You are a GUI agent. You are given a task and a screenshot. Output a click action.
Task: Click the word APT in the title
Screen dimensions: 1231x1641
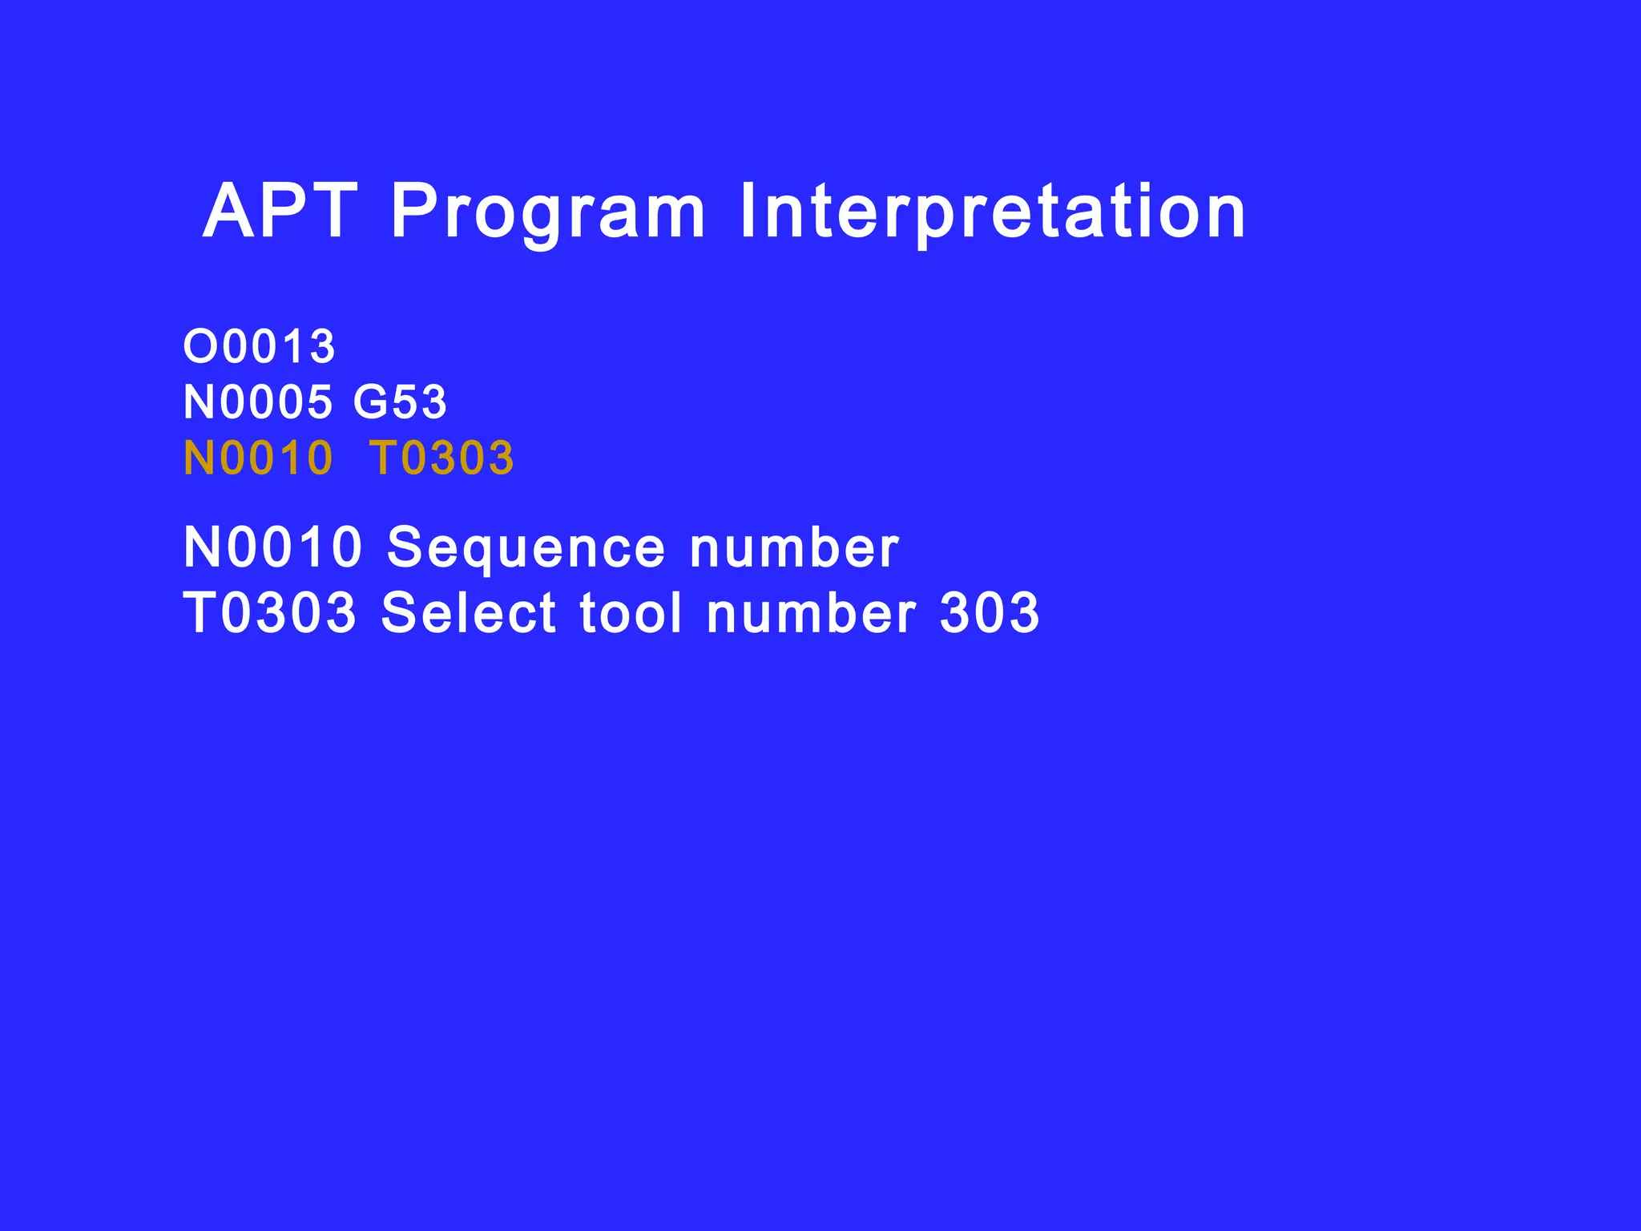pos(280,212)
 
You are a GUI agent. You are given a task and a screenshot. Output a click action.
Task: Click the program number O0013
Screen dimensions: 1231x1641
pos(260,346)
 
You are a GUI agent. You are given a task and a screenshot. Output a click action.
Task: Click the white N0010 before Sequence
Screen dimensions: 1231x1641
pos(272,548)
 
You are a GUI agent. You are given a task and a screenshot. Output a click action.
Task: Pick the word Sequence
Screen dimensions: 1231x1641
pos(526,550)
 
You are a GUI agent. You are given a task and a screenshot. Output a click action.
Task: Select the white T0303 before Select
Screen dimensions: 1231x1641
pos(270,613)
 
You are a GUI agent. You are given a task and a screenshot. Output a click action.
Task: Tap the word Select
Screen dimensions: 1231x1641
pos(468,613)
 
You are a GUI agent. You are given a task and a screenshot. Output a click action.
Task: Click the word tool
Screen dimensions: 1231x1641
pos(631,613)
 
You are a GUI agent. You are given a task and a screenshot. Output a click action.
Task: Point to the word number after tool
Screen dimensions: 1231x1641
pos(812,613)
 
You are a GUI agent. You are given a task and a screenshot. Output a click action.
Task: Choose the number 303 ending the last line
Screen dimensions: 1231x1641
pos(990,613)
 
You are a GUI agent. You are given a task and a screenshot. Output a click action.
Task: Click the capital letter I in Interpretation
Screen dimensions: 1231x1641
pos(748,212)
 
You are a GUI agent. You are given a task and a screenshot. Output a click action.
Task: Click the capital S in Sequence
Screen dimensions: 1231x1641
pos(405,548)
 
